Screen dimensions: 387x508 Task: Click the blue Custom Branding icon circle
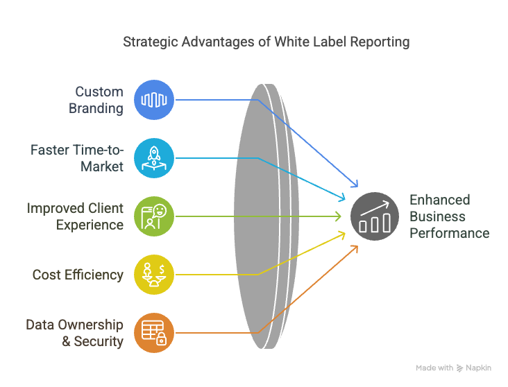pos(153,101)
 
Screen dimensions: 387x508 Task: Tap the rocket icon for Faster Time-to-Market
pos(153,158)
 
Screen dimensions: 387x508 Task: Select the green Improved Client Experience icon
pos(153,216)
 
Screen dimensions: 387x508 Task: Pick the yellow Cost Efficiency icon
pos(153,275)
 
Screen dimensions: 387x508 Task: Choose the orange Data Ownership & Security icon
pos(153,333)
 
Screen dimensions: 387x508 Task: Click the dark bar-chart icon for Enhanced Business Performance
pos(374,216)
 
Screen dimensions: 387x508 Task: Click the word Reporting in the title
pos(380,42)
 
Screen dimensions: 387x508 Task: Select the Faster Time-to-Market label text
pos(76,158)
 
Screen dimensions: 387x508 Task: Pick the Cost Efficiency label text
pos(78,275)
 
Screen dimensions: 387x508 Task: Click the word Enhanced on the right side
pos(439,200)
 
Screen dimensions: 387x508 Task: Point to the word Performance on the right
pos(449,233)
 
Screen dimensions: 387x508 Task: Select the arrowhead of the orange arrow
pos(355,247)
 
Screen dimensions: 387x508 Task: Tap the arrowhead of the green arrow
pos(339,216)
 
